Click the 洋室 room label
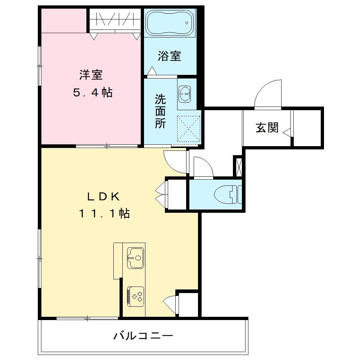click(91, 75)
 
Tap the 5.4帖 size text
click(93, 93)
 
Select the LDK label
click(103, 196)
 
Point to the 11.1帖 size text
click(104, 214)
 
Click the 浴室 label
click(169, 56)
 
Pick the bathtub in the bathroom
click(169, 23)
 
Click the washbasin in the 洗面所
click(186, 93)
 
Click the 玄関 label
click(267, 128)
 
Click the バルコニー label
click(144, 336)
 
